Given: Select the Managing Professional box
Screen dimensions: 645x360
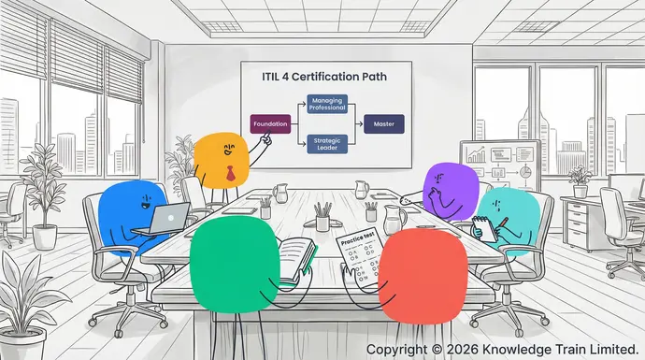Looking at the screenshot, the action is pyautogui.click(x=327, y=104).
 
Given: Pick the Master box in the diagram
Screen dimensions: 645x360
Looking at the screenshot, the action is pyautogui.click(x=383, y=122).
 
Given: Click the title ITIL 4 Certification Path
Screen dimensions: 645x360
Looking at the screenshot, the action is pyautogui.click(x=325, y=77).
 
